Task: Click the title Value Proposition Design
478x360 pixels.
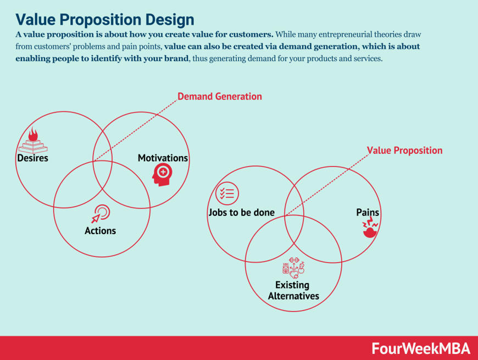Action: (104, 19)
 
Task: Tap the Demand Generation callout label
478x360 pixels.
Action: (219, 97)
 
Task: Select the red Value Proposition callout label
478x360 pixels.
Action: (404, 151)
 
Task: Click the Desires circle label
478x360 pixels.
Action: (32, 158)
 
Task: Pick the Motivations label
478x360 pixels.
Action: (163, 158)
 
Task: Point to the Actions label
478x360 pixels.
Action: (100, 231)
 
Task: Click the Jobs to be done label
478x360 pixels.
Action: (241, 213)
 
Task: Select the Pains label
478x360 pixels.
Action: (368, 213)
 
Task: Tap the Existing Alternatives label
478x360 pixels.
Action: (293, 291)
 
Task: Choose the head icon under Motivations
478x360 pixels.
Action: (162, 175)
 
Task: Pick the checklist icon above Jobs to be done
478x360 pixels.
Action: (227, 193)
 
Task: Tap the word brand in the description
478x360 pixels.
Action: (176, 59)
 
